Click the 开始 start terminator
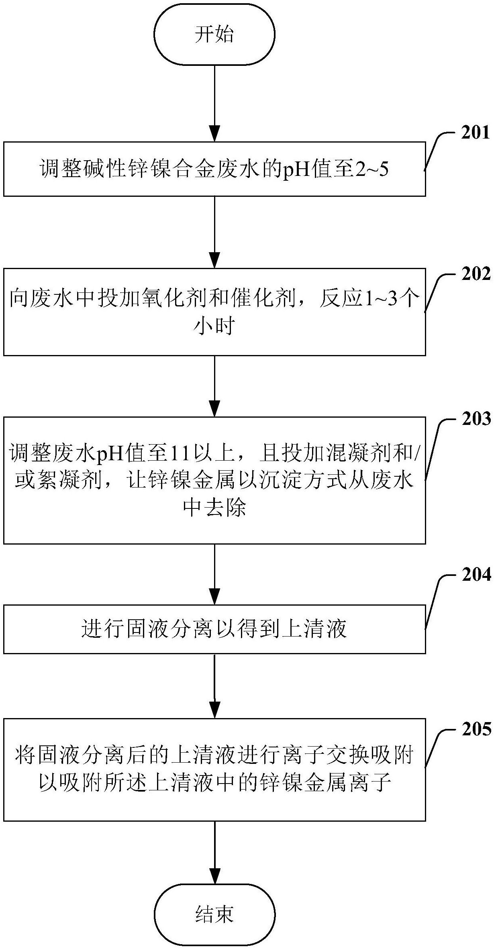[214, 35]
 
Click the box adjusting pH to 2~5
[214, 169]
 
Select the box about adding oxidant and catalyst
[214, 312]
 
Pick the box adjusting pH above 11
[214, 480]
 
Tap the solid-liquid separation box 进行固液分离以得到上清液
[214, 629]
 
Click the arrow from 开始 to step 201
[214, 103]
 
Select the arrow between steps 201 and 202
[214, 232]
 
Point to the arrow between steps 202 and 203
[214, 386]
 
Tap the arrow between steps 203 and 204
[214, 574]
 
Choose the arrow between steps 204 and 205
[214, 686]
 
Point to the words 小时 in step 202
[214, 327]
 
